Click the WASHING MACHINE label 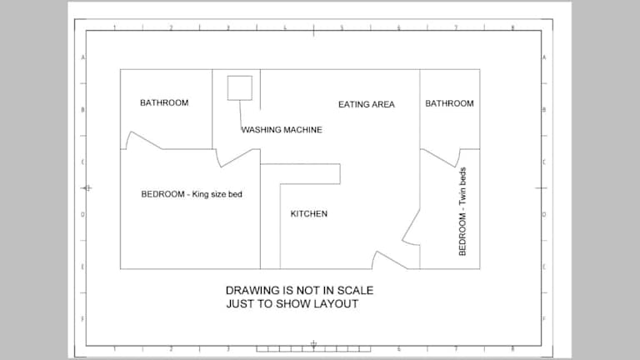(282, 130)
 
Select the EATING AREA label (367, 104)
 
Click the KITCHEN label (309, 214)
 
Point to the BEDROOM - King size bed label (192, 194)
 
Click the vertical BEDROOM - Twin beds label (462, 212)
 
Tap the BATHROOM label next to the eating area (449, 103)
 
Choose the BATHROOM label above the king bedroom (164, 102)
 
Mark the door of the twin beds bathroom (439, 158)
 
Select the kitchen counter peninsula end (340, 174)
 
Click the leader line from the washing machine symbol (240, 115)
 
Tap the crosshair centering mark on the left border (87, 188)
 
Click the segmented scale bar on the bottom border (313, 349)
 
